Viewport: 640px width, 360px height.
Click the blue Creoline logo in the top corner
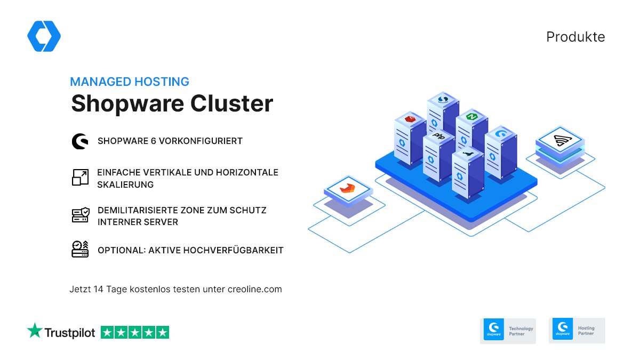tap(44, 36)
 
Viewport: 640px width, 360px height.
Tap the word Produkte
tap(575, 37)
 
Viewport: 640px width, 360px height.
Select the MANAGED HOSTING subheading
tap(130, 82)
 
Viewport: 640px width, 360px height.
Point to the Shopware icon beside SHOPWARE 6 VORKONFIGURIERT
tap(80, 141)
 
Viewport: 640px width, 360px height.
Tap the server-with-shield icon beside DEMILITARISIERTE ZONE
tap(80, 215)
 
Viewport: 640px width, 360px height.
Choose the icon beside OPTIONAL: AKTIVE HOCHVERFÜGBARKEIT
tap(80, 249)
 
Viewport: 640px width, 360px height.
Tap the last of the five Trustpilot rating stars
tap(162, 332)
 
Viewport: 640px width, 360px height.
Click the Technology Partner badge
tap(507, 330)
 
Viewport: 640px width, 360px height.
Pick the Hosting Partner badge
tap(577, 330)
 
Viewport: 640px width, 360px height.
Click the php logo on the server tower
tap(438, 136)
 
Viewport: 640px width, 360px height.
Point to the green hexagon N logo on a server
tap(471, 117)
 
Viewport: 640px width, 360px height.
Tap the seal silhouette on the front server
tap(467, 154)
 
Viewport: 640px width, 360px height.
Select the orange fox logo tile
tap(347, 186)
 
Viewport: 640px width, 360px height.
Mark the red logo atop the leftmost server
tap(410, 118)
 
